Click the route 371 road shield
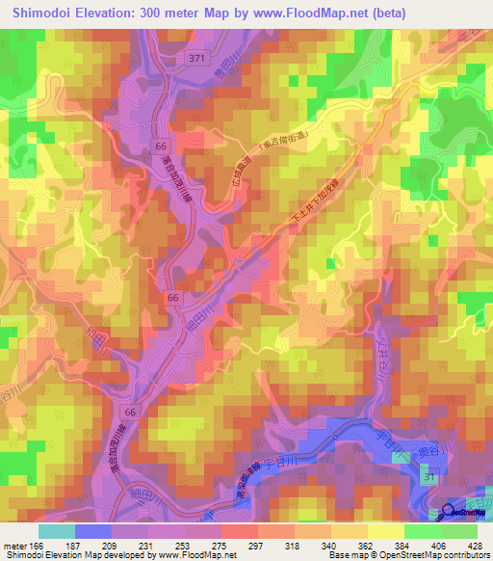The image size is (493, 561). pyautogui.click(x=197, y=60)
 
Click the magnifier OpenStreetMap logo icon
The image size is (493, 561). pyautogui.click(x=451, y=512)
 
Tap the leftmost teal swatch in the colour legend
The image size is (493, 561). pyautogui.click(x=56, y=531)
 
